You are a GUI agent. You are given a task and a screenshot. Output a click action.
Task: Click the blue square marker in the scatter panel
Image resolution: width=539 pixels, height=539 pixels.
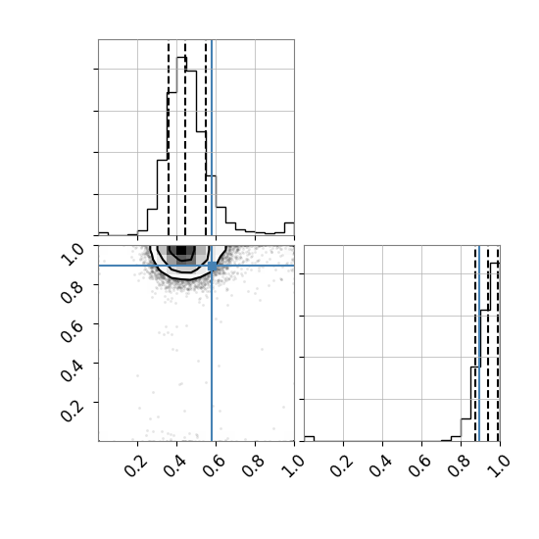pos(212,266)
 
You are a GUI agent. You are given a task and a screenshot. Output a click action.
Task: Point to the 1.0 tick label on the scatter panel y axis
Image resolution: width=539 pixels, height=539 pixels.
pos(73,255)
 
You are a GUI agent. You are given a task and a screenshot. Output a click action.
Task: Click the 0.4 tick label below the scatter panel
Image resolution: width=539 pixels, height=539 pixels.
pos(175,465)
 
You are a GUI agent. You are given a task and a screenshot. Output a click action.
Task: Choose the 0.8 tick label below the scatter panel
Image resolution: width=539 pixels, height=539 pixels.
pos(254,465)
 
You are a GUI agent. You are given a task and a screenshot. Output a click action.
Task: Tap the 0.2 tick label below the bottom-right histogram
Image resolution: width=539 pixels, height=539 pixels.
pos(341,465)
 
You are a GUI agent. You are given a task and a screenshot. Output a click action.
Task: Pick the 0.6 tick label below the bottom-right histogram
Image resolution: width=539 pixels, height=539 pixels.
pos(419,465)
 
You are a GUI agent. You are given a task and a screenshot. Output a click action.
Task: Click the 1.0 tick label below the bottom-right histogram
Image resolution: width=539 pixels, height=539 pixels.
pos(498,465)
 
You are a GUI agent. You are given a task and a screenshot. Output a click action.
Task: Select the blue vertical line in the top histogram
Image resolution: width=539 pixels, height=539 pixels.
pos(212,137)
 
